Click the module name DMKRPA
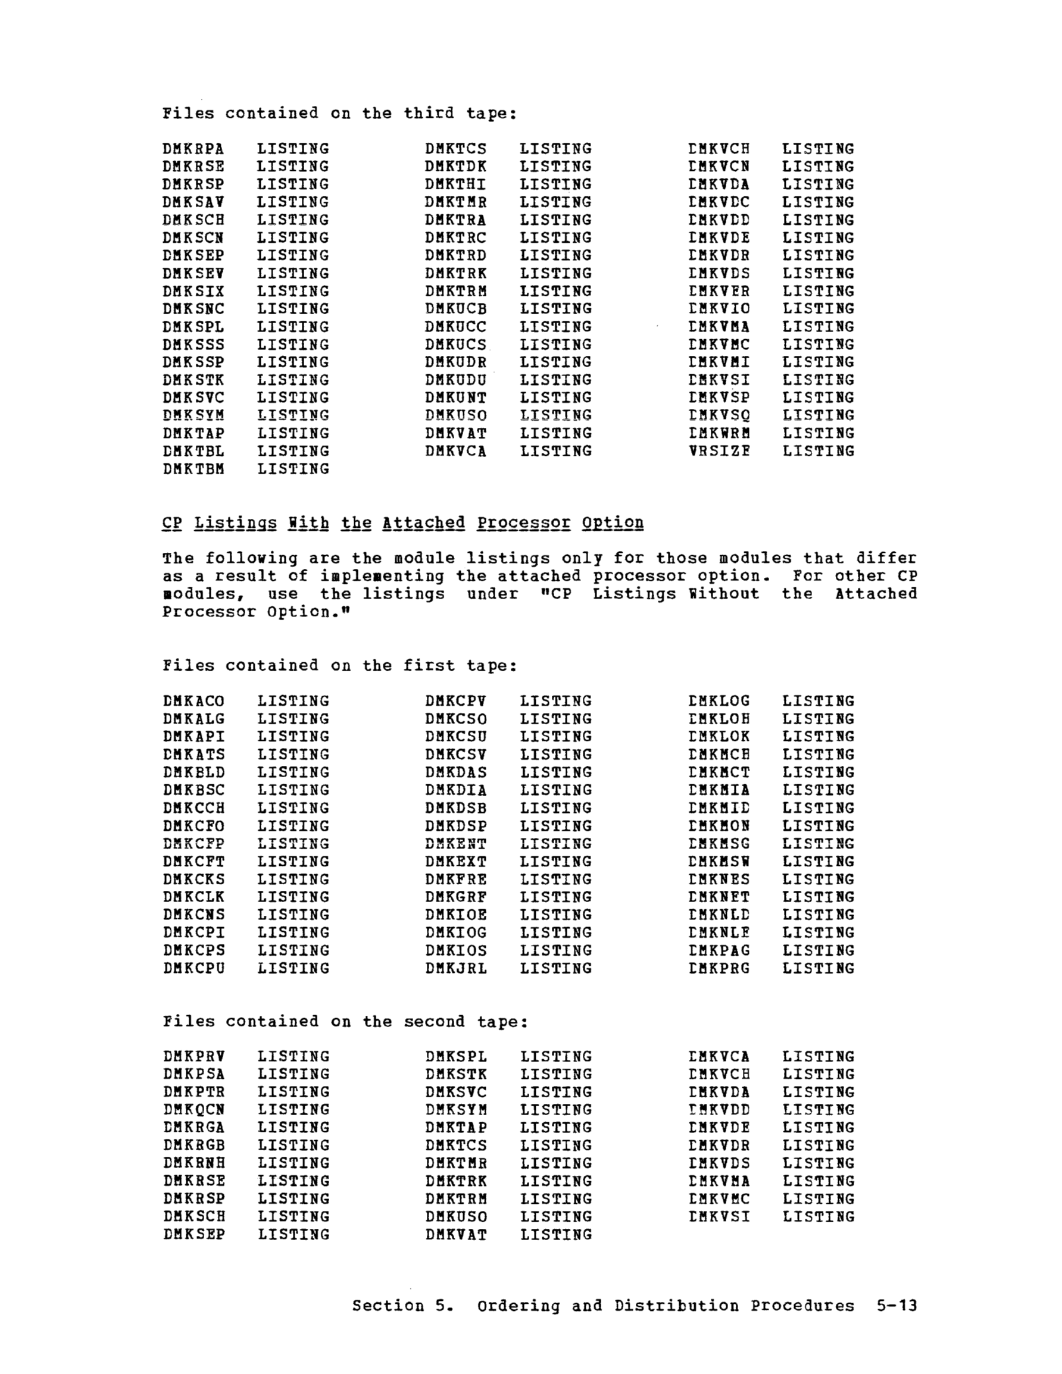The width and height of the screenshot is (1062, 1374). [x=193, y=149]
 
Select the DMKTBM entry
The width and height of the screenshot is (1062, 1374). [x=193, y=470]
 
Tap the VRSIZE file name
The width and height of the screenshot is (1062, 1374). [x=719, y=452]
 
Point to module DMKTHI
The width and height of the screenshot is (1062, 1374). [x=455, y=184]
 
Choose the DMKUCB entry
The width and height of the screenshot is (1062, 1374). [x=455, y=309]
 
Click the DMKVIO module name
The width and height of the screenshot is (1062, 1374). [x=719, y=309]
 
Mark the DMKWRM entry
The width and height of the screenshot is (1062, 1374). [x=719, y=433]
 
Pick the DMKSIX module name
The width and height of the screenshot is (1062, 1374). [x=193, y=291]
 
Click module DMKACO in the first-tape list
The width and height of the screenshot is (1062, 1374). [x=193, y=702]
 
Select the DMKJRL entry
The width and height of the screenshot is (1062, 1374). [x=455, y=968]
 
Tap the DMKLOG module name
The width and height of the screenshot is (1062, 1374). [x=719, y=702]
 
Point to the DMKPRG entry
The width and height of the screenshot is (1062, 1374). [x=719, y=968]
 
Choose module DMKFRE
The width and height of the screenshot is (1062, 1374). [x=455, y=880]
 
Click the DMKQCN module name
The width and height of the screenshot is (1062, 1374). [x=193, y=1110]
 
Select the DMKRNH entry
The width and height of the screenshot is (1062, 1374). [x=193, y=1163]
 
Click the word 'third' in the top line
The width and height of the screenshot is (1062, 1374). [x=428, y=113]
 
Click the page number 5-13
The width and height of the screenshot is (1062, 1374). [x=897, y=1306]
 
